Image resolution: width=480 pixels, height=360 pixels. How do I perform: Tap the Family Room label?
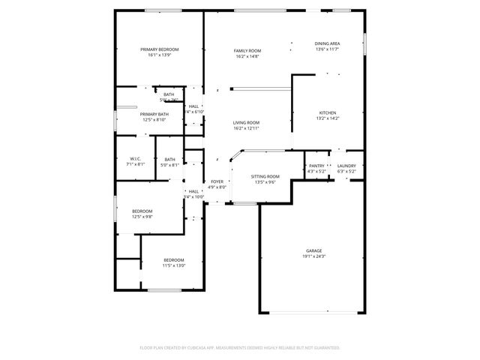click(247, 50)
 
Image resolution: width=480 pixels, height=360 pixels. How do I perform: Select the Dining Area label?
click(327, 44)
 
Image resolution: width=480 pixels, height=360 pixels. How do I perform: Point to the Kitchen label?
click(328, 112)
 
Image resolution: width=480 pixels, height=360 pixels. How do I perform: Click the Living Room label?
click(246, 123)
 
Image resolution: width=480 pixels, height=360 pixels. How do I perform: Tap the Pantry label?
click(316, 166)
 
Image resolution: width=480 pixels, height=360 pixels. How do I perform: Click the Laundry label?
click(346, 166)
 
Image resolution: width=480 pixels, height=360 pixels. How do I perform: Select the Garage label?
click(313, 250)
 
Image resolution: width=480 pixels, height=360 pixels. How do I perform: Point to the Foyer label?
click(217, 182)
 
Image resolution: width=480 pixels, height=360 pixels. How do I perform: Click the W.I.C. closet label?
click(136, 159)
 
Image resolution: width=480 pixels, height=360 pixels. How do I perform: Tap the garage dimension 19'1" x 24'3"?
click(313, 256)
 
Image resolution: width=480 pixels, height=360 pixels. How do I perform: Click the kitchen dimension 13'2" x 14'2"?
click(328, 118)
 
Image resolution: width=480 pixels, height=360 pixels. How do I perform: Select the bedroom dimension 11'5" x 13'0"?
click(174, 265)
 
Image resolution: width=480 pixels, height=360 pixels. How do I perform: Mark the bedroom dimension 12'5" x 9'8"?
click(142, 217)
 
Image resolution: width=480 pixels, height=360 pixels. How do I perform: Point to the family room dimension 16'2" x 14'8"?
click(247, 55)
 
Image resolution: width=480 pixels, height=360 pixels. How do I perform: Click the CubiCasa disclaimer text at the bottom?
click(240, 348)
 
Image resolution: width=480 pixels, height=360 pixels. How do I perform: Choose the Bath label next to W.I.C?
click(170, 159)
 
